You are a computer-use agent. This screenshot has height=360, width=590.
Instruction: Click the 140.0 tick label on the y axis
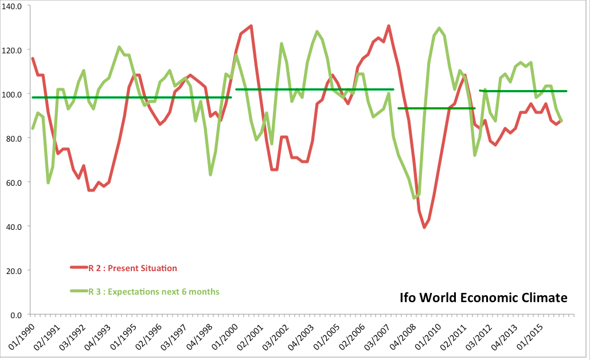coord(12,6)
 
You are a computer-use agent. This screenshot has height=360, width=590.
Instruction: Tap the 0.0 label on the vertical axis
coord(16,315)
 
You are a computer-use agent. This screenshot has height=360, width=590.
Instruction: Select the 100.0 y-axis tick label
coord(12,94)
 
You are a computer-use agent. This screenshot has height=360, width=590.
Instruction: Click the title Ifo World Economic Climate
coord(483,298)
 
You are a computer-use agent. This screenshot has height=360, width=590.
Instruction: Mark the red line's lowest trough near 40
coord(424,228)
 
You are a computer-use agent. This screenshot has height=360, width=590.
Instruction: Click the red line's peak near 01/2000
coord(251,26)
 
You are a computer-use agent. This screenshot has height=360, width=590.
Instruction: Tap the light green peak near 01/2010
coord(439,28)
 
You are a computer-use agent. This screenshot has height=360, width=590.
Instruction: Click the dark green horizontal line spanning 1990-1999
coord(132,97)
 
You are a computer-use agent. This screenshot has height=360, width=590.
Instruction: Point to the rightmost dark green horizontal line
coord(523,91)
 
